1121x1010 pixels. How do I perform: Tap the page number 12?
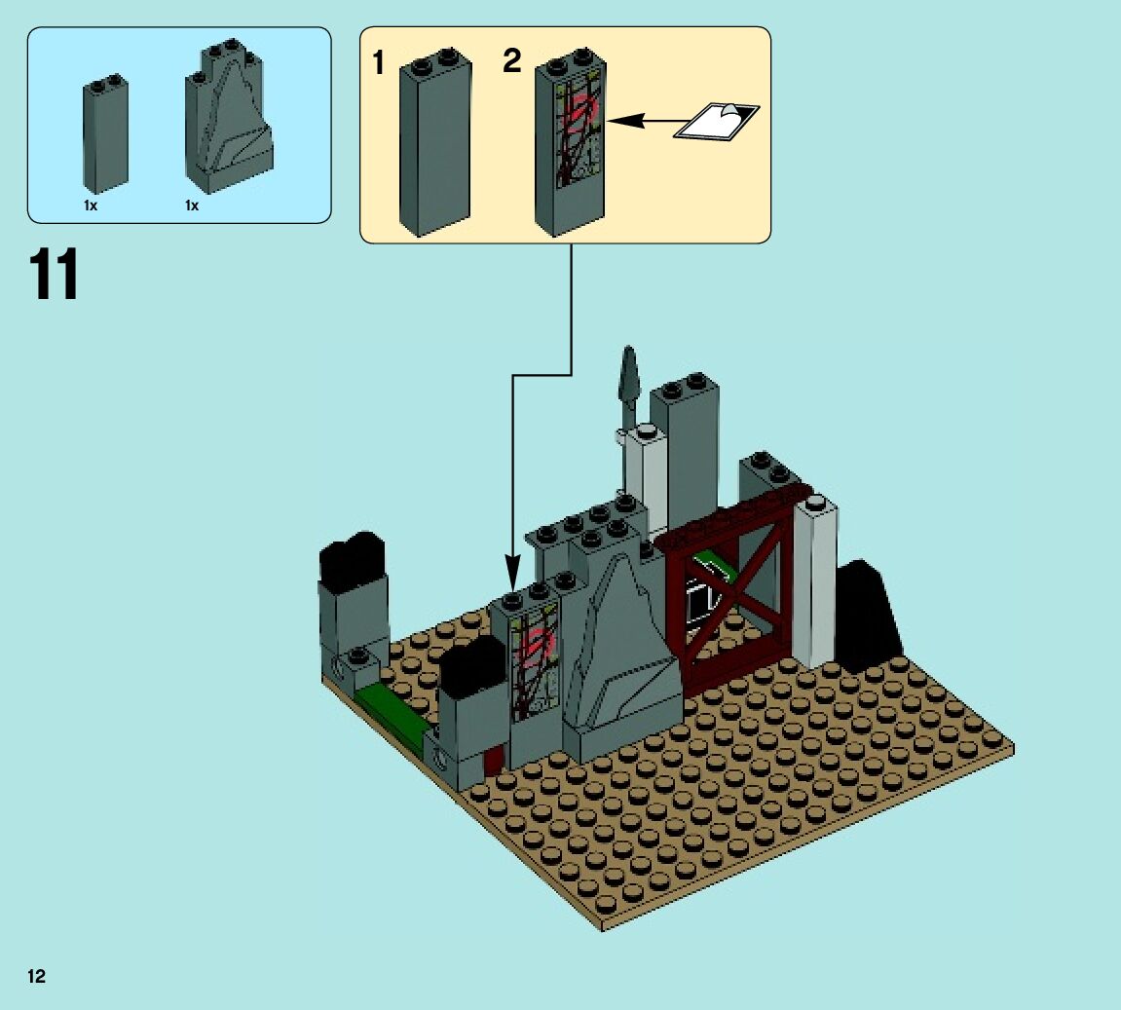click(37, 976)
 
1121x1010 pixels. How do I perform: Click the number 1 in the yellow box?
click(379, 65)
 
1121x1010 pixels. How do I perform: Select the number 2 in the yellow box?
click(512, 61)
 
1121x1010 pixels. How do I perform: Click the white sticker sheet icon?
click(717, 122)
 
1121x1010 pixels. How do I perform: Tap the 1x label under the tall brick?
click(90, 206)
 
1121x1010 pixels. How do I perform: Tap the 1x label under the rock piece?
click(192, 206)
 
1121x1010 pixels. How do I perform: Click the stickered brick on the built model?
click(532, 672)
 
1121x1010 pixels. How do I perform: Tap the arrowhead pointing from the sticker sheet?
click(624, 121)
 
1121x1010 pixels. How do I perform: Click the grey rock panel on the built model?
click(618, 643)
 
